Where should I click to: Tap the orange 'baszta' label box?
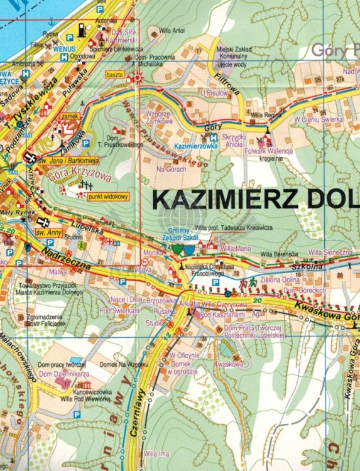click(x=114, y=75)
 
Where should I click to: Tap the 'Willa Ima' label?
click(x=155, y=453)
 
